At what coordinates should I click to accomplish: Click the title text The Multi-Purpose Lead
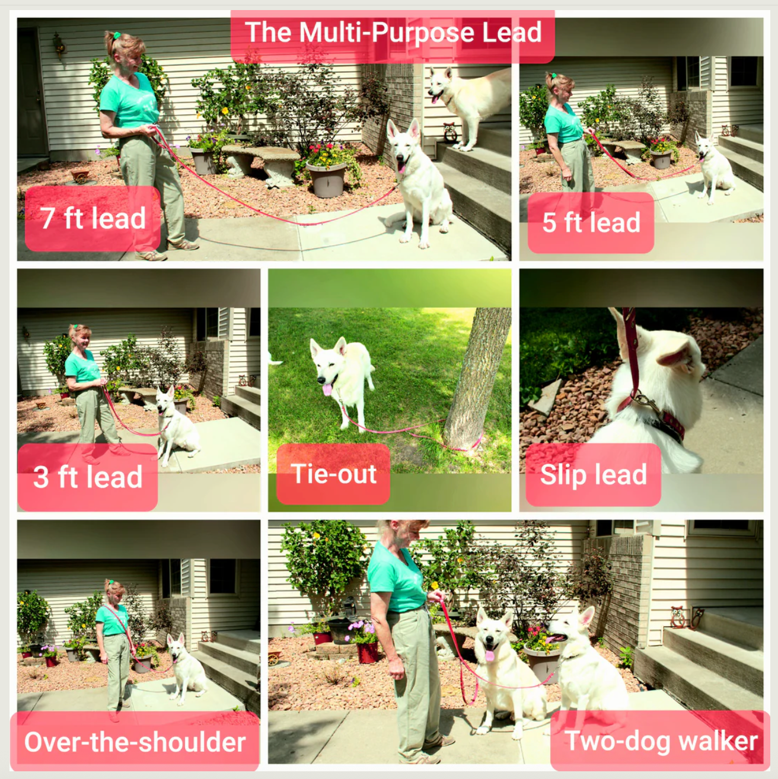click(x=393, y=32)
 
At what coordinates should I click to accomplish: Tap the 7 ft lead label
click(x=93, y=218)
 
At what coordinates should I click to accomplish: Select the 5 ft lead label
click(x=591, y=222)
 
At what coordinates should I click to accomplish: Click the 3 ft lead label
click(x=88, y=477)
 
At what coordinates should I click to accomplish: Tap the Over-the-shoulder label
click(x=135, y=742)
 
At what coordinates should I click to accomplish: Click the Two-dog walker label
click(x=661, y=741)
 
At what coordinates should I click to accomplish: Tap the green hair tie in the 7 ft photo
click(x=117, y=35)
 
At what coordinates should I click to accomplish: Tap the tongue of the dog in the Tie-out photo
click(x=327, y=390)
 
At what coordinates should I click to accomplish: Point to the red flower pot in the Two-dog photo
click(x=367, y=652)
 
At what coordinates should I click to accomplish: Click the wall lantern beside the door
click(x=59, y=46)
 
